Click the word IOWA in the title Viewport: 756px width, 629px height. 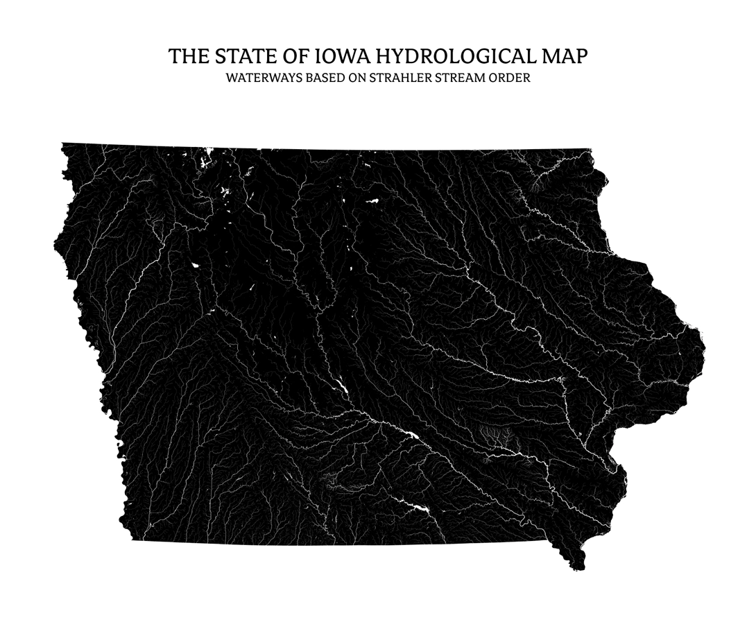(x=343, y=56)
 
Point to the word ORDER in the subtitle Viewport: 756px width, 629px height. (x=512, y=78)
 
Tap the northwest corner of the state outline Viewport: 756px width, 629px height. (x=62, y=144)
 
